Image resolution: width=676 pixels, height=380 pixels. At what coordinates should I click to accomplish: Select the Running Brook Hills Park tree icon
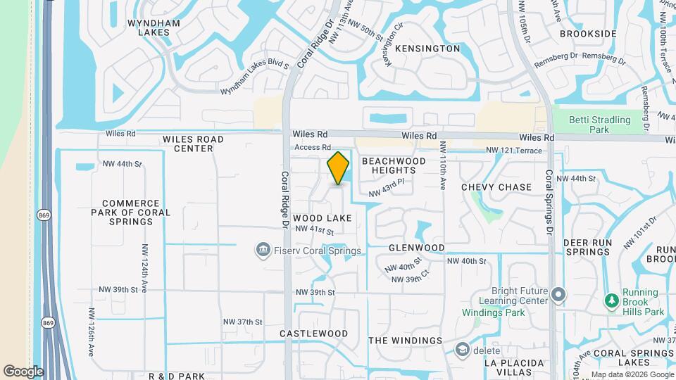pyautogui.click(x=611, y=300)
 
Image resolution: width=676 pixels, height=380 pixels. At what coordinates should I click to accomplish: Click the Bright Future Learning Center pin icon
pyautogui.click(x=558, y=294)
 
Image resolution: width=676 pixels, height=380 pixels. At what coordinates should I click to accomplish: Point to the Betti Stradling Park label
pyautogui.click(x=600, y=125)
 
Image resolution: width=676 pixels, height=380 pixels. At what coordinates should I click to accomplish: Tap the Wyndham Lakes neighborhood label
pyautogui.click(x=154, y=27)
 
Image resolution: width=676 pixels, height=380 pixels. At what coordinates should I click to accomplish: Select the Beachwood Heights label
pyautogui.click(x=394, y=166)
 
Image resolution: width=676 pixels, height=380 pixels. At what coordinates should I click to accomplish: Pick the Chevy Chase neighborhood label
pyautogui.click(x=496, y=187)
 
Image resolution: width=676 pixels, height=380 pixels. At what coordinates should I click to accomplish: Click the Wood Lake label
pyautogui.click(x=323, y=218)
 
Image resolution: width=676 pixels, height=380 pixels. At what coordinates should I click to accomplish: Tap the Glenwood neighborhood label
pyautogui.click(x=416, y=248)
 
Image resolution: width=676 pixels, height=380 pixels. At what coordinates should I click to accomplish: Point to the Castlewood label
pyautogui.click(x=313, y=333)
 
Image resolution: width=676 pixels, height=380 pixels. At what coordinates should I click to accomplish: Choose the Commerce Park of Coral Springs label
pyautogui.click(x=131, y=212)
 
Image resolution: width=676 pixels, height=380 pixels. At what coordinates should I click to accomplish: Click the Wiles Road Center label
pyautogui.click(x=193, y=144)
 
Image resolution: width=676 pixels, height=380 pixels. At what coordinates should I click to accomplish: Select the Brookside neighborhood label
pyautogui.click(x=588, y=34)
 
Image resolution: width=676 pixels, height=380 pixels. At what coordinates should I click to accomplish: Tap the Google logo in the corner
pyautogui.click(x=23, y=371)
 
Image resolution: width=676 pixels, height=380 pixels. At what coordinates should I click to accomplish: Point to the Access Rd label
pyautogui.click(x=312, y=147)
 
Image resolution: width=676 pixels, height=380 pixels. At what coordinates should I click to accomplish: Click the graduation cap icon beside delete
pyautogui.click(x=462, y=349)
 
